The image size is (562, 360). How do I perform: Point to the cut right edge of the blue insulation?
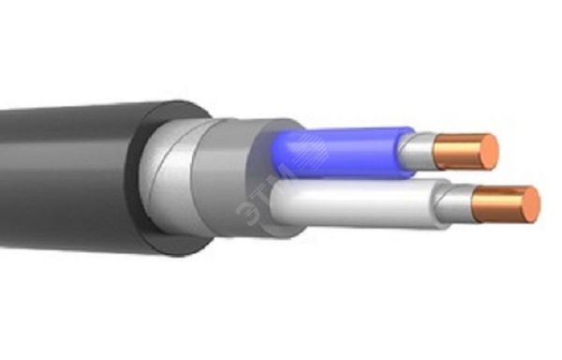(405, 150)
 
